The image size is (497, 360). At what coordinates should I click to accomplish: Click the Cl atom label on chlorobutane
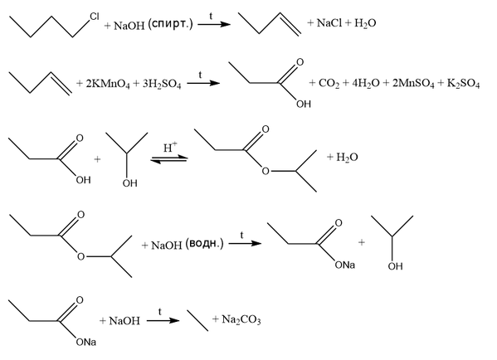pyautogui.click(x=94, y=17)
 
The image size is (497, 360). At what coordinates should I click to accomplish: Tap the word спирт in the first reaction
pyautogui.click(x=171, y=24)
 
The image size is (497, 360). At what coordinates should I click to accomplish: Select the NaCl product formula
pyautogui.click(x=329, y=23)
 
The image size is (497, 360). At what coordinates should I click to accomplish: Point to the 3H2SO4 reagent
pyautogui.click(x=161, y=84)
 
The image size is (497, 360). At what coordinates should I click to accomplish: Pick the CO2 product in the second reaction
pyautogui.click(x=329, y=83)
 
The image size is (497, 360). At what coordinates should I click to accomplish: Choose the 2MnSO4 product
pyautogui.click(x=413, y=83)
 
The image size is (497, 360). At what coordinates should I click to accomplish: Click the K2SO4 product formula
pyautogui.click(x=463, y=83)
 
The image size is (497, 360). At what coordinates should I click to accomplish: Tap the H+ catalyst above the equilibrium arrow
pyautogui.click(x=170, y=148)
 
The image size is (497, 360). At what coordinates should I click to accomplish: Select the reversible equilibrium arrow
pyautogui.click(x=169, y=159)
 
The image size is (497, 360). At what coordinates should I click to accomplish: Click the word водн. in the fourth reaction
pyautogui.click(x=204, y=243)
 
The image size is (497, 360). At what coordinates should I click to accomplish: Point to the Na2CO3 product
pyautogui.click(x=241, y=319)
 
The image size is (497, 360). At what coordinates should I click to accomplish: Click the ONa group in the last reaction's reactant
pyautogui.click(x=86, y=343)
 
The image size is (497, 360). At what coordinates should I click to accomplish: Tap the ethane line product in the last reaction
pyautogui.click(x=197, y=320)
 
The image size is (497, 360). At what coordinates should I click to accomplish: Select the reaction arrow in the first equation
pyautogui.click(x=214, y=24)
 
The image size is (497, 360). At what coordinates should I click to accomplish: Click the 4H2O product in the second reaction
pyautogui.click(x=365, y=83)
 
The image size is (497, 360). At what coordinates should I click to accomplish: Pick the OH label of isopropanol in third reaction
pyautogui.click(x=130, y=182)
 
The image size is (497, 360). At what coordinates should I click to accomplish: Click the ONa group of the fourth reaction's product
pyautogui.click(x=345, y=265)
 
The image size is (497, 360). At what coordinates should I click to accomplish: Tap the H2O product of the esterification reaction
pyautogui.click(x=347, y=157)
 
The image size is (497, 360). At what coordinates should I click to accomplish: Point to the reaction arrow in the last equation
pyautogui.click(x=163, y=320)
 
